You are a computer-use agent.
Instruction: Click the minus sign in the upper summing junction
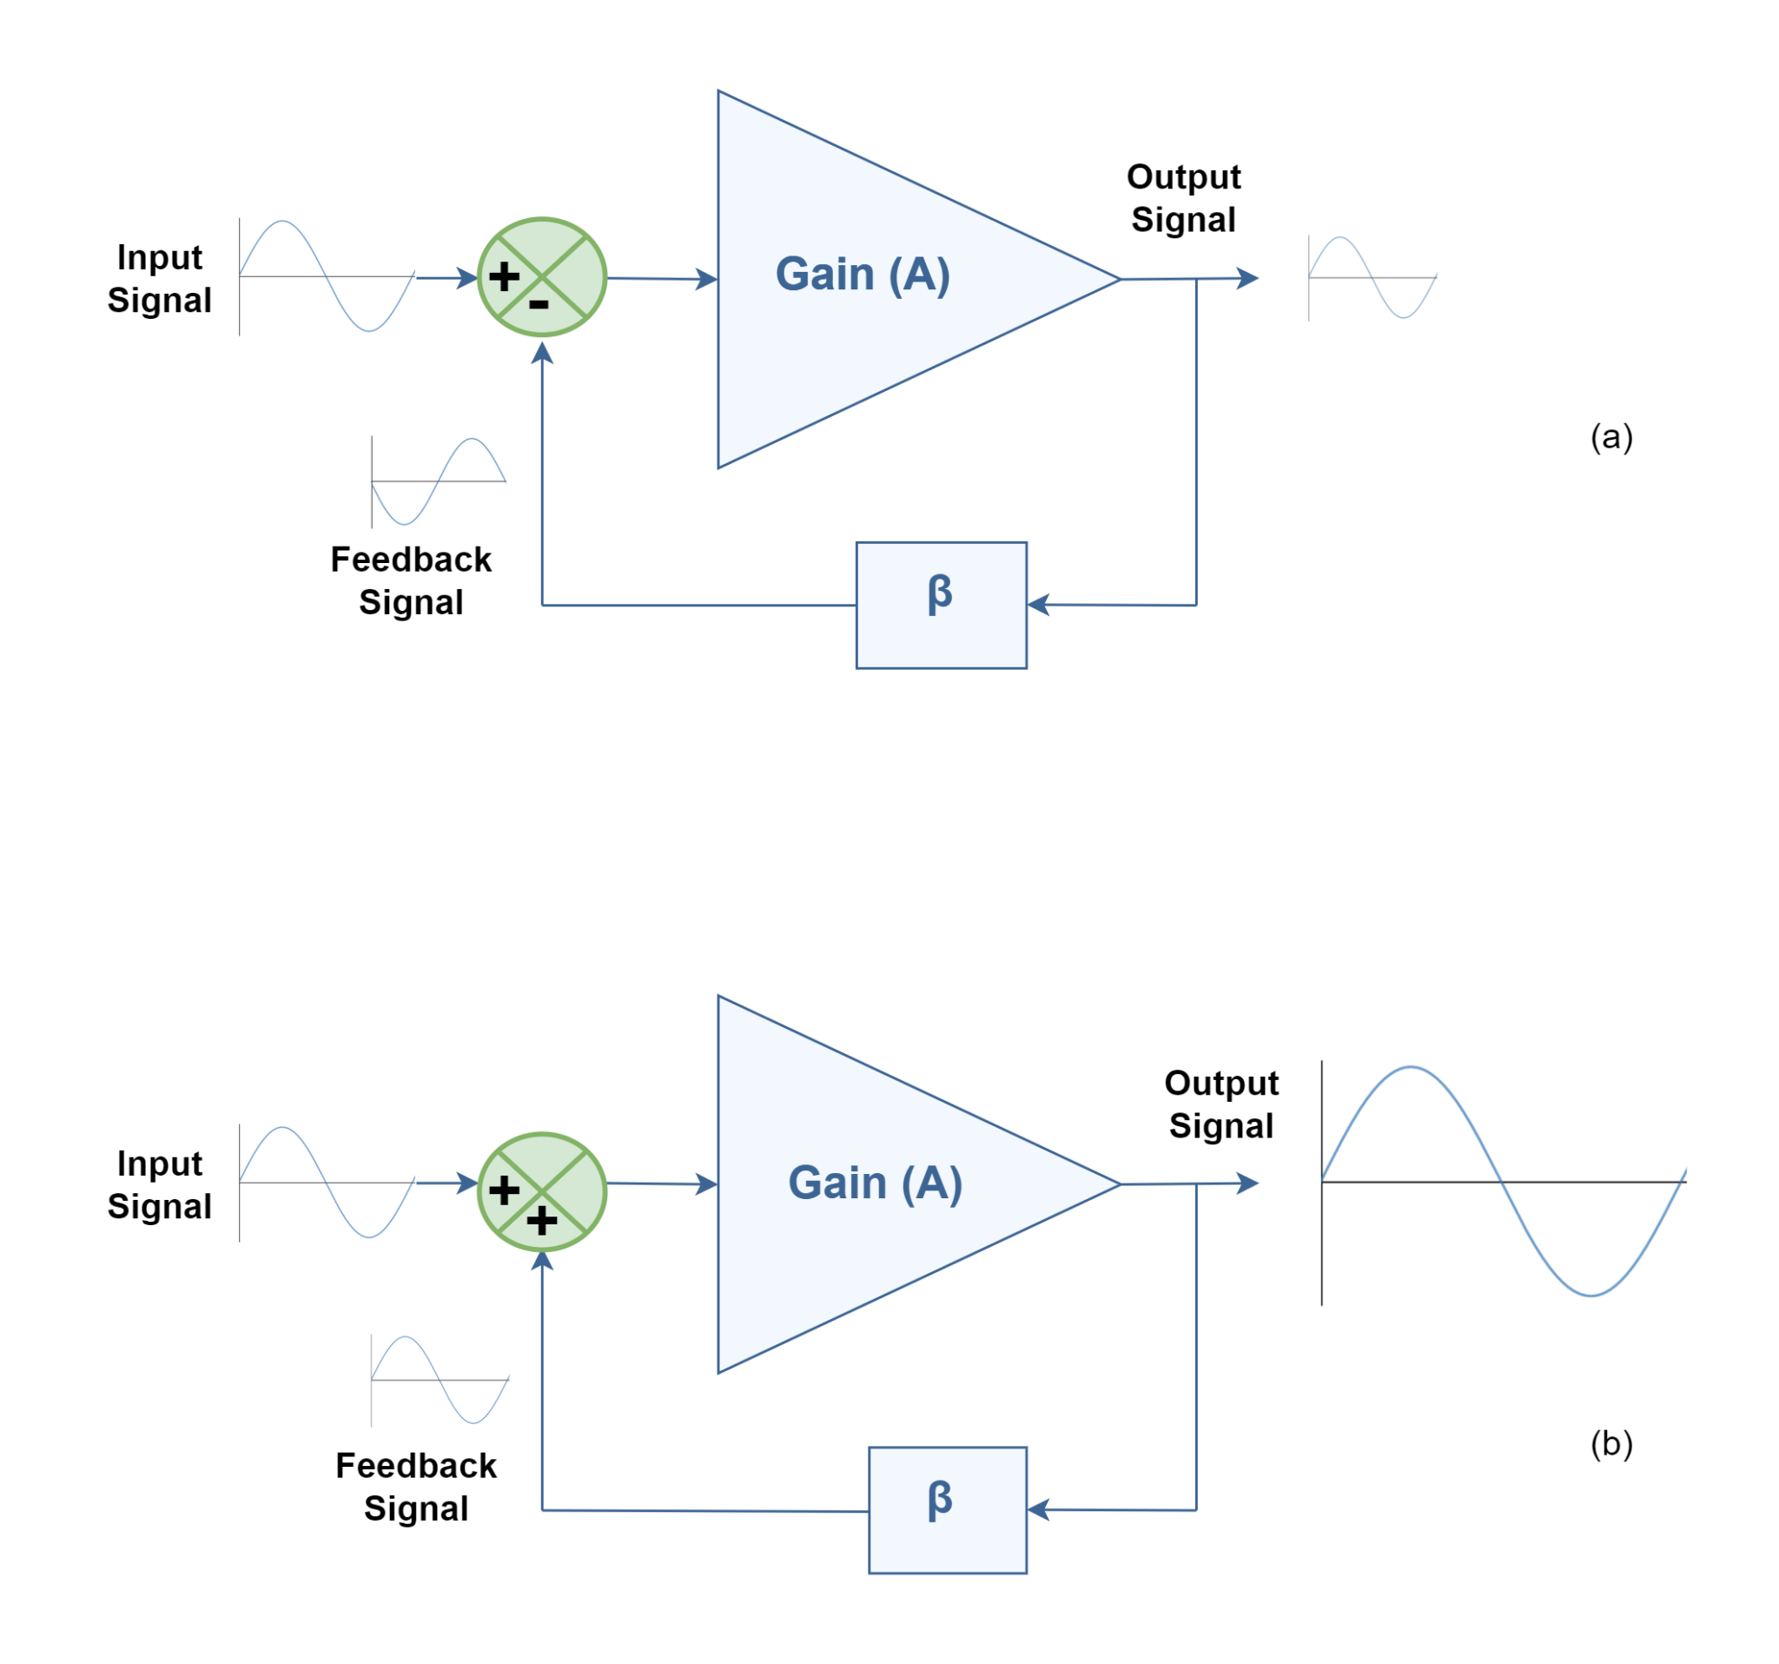coord(539,306)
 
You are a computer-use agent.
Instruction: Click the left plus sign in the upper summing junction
coord(504,275)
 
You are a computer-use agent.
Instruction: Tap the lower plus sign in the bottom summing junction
coord(541,1220)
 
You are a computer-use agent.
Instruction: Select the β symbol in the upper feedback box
coord(940,593)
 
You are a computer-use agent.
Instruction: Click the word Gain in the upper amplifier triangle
coord(824,274)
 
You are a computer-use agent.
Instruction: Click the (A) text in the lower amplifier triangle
coord(930,1183)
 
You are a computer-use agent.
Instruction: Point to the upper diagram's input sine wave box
coord(327,276)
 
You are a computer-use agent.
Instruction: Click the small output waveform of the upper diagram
coord(1372,277)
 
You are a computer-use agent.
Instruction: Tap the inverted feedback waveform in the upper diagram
coord(439,481)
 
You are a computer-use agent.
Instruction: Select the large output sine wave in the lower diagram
coord(1504,1182)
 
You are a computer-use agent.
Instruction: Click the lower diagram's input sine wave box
coord(327,1183)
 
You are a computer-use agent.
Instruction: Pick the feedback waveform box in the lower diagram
coord(440,1379)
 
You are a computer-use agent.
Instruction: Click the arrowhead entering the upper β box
coord(1038,605)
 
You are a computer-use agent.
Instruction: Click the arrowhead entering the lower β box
coord(1038,1510)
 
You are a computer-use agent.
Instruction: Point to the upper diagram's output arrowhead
coord(1249,278)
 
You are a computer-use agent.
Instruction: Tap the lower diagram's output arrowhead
coord(1249,1183)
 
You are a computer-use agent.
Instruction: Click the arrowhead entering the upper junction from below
coord(541,353)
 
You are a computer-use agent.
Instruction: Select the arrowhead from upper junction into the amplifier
coord(707,279)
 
